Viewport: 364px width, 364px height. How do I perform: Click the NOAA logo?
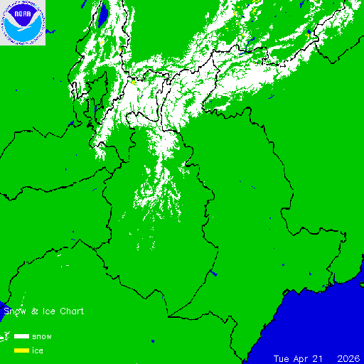(23, 23)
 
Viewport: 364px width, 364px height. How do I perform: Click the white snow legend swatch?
(21, 336)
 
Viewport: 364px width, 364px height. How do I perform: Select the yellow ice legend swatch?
(21, 350)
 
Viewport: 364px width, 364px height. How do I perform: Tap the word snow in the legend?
(41, 336)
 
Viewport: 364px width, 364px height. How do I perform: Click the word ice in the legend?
(38, 350)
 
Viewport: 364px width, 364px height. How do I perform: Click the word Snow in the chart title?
(14, 311)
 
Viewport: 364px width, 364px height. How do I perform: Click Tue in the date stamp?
(284, 358)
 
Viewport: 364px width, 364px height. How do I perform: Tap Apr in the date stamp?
(304, 358)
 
